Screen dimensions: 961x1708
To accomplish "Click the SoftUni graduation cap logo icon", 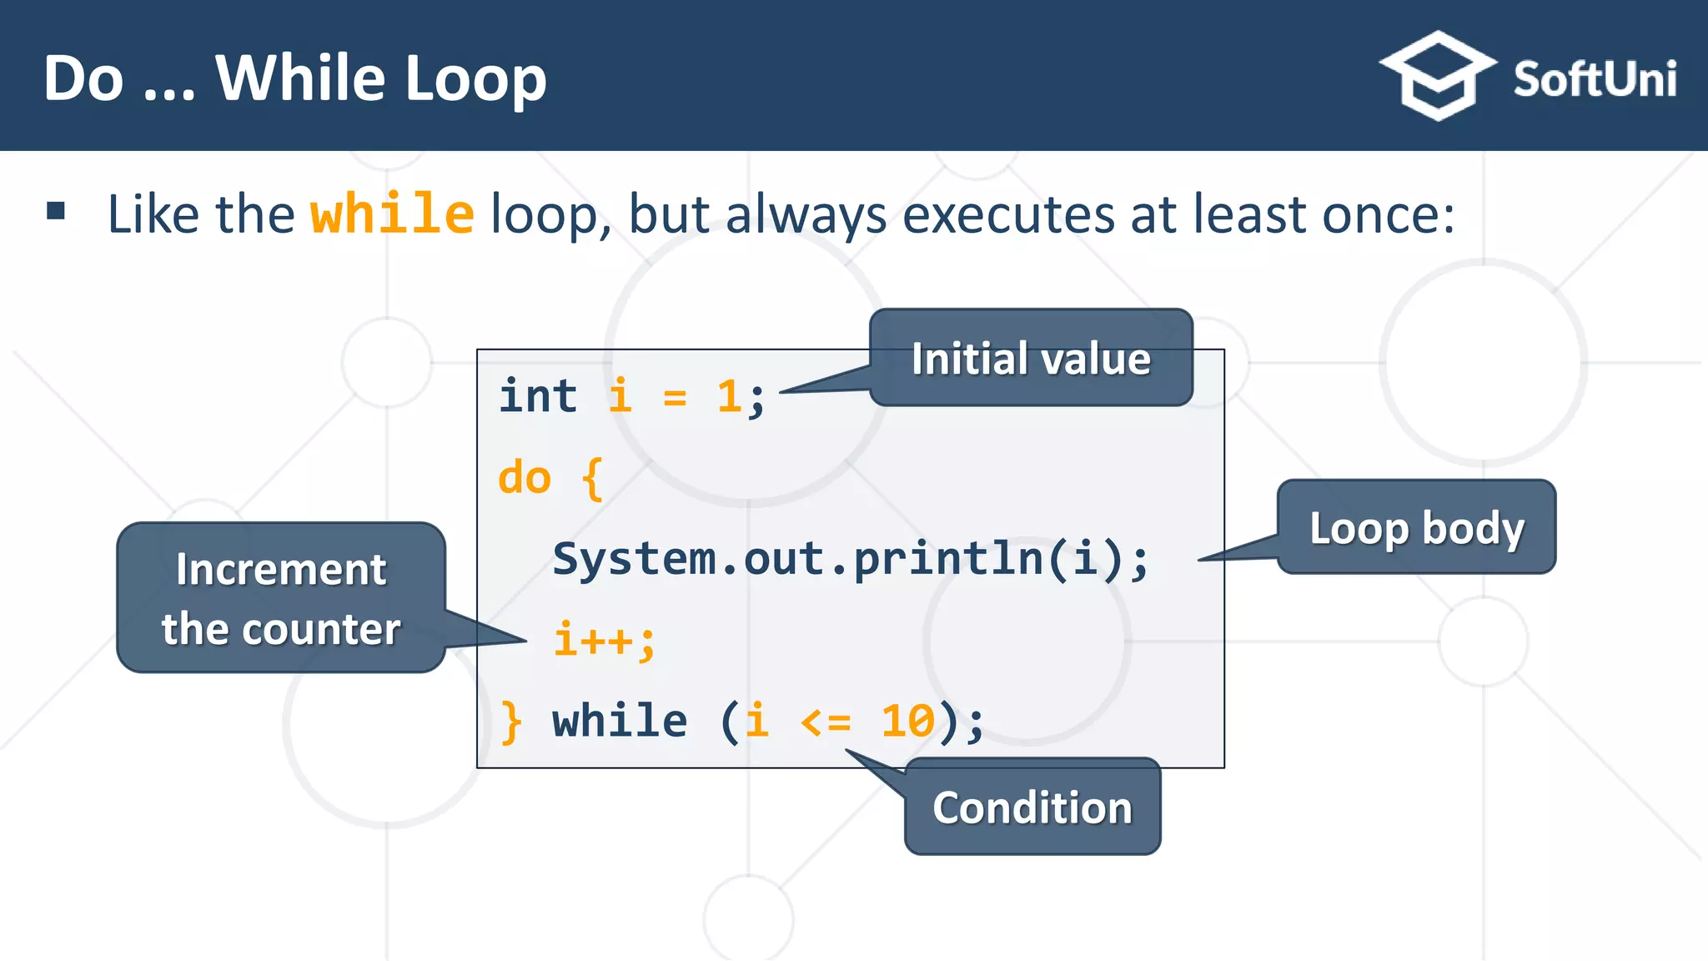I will pos(1438,76).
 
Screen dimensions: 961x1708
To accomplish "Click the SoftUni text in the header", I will pos(1594,80).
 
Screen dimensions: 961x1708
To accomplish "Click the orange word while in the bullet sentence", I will pos(392,214).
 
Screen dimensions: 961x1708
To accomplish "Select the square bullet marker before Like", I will pos(56,210).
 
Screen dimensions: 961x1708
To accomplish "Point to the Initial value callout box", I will pos(1031,359).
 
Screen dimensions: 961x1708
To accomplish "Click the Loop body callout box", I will pos(1416,527).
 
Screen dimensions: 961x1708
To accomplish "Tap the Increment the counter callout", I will pos(281,598).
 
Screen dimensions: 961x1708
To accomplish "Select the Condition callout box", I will pos(1032,808).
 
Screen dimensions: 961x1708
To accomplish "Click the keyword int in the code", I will pos(538,396).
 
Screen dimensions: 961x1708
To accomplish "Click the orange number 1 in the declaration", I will pos(729,396).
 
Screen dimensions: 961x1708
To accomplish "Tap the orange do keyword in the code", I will pos(525,478).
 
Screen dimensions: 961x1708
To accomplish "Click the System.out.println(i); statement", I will pos(851,558).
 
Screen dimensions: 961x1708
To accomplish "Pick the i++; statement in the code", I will pos(605,641).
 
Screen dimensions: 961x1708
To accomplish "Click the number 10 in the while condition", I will pos(907,721).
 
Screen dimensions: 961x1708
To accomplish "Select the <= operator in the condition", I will pos(825,722).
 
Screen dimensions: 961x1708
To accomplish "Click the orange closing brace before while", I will pos(511,722).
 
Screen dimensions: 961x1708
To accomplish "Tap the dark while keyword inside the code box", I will pos(620,721).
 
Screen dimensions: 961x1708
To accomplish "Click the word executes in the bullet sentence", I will pos(1009,215).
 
